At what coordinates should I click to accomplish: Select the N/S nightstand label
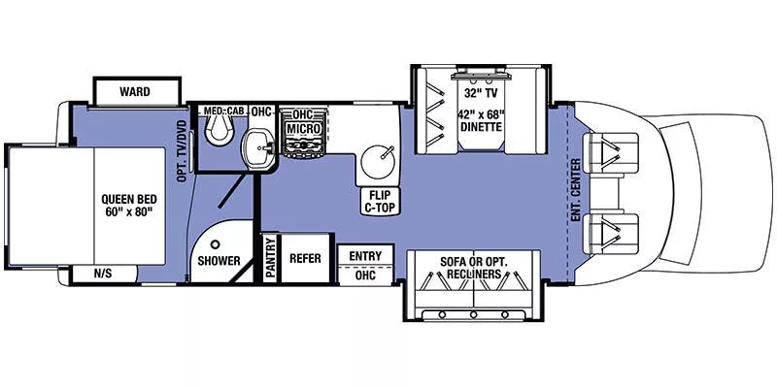(x=103, y=274)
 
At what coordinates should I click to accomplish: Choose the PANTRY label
(x=270, y=257)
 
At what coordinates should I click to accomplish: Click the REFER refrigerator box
(x=305, y=259)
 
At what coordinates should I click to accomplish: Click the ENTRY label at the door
(x=365, y=255)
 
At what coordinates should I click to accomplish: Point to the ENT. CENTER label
(x=576, y=187)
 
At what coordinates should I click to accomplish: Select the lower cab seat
(x=618, y=231)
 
